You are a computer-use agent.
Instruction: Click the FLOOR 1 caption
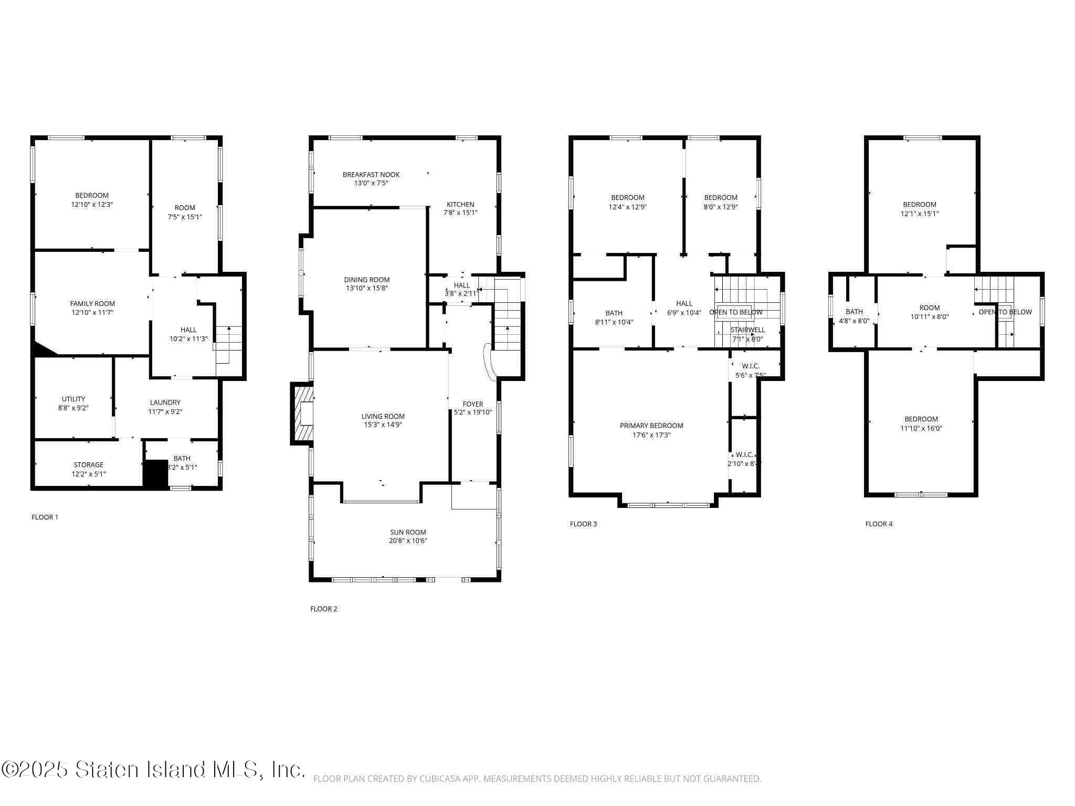click(x=45, y=517)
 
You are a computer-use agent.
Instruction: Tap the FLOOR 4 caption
click(x=879, y=524)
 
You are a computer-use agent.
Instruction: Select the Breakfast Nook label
click(x=371, y=174)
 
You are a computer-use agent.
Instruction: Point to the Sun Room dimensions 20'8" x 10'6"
click(x=408, y=540)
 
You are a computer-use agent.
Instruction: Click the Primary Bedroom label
click(x=651, y=426)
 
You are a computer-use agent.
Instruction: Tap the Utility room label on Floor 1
click(x=73, y=399)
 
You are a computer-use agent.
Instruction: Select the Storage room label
click(x=88, y=464)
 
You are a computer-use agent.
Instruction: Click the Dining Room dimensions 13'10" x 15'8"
click(x=366, y=288)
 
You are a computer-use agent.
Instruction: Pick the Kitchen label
click(x=460, y=204)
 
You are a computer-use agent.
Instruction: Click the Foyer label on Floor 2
click(x=472, y=404)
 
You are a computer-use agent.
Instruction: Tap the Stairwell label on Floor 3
click(x=747, y=330)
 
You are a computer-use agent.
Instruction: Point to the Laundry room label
click(x=165, y=402)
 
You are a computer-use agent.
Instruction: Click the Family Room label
click(x=92, y=303)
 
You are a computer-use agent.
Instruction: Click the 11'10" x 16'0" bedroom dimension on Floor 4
click(x=921, y=428)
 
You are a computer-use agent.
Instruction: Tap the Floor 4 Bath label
click(x=854, y=311)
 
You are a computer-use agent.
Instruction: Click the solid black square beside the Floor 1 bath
click(x=155, y=474)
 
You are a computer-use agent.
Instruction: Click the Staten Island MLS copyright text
click(x=152, y=770)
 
